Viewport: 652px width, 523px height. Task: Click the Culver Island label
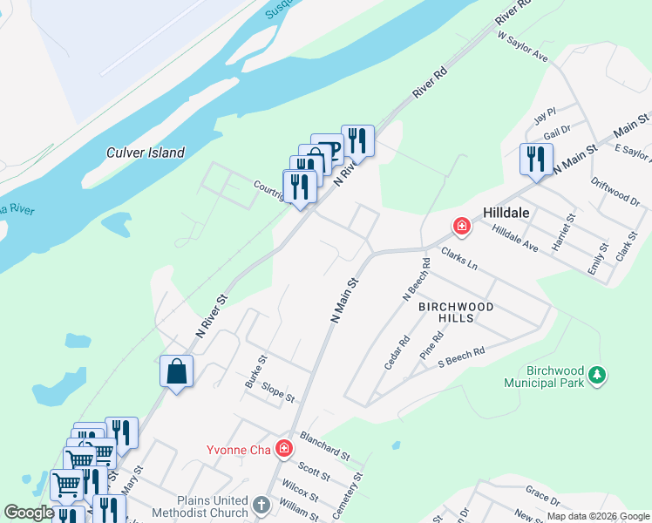(146, 153)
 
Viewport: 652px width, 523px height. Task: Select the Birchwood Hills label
(456, 312)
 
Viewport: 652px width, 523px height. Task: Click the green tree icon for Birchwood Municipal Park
(596, 375)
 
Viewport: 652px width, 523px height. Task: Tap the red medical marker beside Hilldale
(461, 228)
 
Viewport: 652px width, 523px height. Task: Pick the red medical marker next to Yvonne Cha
(283, 449)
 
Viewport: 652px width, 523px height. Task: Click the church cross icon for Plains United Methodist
(261, 506)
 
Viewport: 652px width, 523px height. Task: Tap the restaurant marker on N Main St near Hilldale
(536, 159)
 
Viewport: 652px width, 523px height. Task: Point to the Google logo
(29, 513)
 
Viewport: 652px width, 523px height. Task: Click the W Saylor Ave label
(522, 47)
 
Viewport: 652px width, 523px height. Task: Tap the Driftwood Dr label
(615, 192)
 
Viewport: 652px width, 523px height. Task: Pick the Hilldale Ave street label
(514, 235)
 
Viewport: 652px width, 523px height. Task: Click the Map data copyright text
(597, 516)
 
